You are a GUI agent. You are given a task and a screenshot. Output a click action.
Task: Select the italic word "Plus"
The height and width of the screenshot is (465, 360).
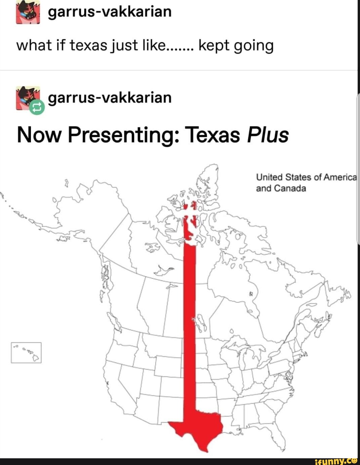click(x=268, y=135)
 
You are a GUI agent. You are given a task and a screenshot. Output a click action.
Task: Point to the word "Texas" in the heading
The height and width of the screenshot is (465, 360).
click(x=212, y=135)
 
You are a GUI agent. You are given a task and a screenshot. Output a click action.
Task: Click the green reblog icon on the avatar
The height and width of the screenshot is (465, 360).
click(x=37, y=107)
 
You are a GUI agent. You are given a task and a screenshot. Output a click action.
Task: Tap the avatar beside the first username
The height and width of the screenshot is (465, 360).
click(x=28, y=12)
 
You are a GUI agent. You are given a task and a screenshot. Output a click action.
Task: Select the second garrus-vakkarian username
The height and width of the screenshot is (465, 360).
click(x=110, y=98)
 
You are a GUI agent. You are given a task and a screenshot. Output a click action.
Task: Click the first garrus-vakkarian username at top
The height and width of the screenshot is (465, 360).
click(x=110, y=12)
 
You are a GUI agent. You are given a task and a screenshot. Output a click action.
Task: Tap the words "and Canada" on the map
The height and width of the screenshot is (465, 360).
click(x=281, y=188)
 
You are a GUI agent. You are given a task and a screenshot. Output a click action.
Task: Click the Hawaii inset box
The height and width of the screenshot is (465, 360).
click(x=26, y=352)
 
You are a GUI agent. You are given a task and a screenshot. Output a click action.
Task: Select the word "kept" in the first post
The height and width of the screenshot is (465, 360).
click(x=214, y=46)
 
